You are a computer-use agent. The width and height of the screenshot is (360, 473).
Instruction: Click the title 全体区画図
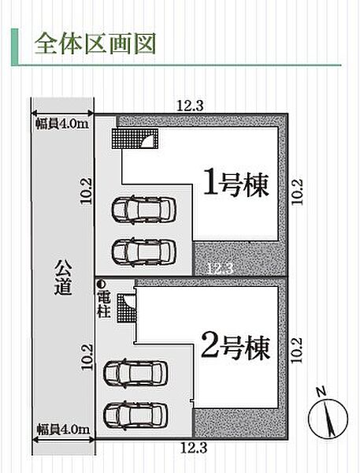coord(94,43)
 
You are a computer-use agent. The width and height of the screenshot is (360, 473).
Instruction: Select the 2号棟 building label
coord(236,345)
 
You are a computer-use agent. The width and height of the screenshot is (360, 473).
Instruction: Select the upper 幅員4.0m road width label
coord(61,122)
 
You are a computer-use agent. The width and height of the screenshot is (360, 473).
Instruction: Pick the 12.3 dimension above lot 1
coord(187,104)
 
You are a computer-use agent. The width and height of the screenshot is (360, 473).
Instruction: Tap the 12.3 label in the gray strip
coord(220,268)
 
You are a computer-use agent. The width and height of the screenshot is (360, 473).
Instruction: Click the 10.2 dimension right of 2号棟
coord(295,350)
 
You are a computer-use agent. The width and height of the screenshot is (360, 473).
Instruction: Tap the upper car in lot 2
coord(135,372)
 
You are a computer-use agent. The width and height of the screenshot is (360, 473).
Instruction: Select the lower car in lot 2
coord(135,411)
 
